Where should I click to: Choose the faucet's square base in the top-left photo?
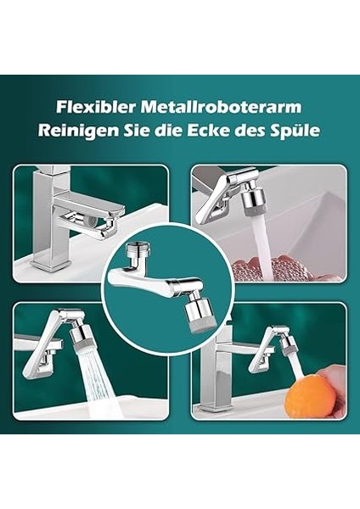(x=51, y=259)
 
